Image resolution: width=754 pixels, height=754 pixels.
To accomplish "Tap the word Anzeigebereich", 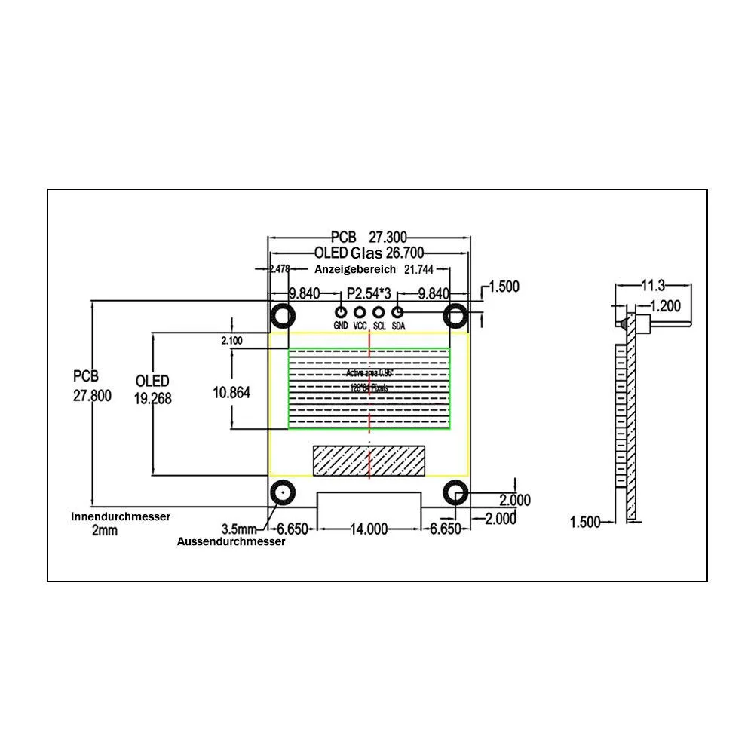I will [x=355, y=269].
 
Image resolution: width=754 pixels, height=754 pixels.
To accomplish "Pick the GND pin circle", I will [x=341, y=312].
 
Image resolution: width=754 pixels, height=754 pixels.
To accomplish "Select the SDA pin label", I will [x=398, y=326].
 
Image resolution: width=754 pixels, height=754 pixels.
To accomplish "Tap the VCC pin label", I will [x=360, y=326].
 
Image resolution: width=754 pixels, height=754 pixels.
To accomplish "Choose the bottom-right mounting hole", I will [x=456, y=494].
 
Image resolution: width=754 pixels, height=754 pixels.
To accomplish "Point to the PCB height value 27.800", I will [x=92, y=397].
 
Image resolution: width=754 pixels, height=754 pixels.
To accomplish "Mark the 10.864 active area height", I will [x=232, y=392].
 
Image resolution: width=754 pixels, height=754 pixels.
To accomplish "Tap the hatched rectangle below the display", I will [x=369, y=461].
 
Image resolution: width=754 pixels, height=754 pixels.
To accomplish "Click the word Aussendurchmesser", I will [x=231, y=542].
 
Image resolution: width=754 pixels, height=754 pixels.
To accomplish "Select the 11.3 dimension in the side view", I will [x=652, y=285].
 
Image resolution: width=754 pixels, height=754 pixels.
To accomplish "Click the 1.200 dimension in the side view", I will [x=664, y=305].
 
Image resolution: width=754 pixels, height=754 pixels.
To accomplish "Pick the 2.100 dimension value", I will [x=231, y=341].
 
